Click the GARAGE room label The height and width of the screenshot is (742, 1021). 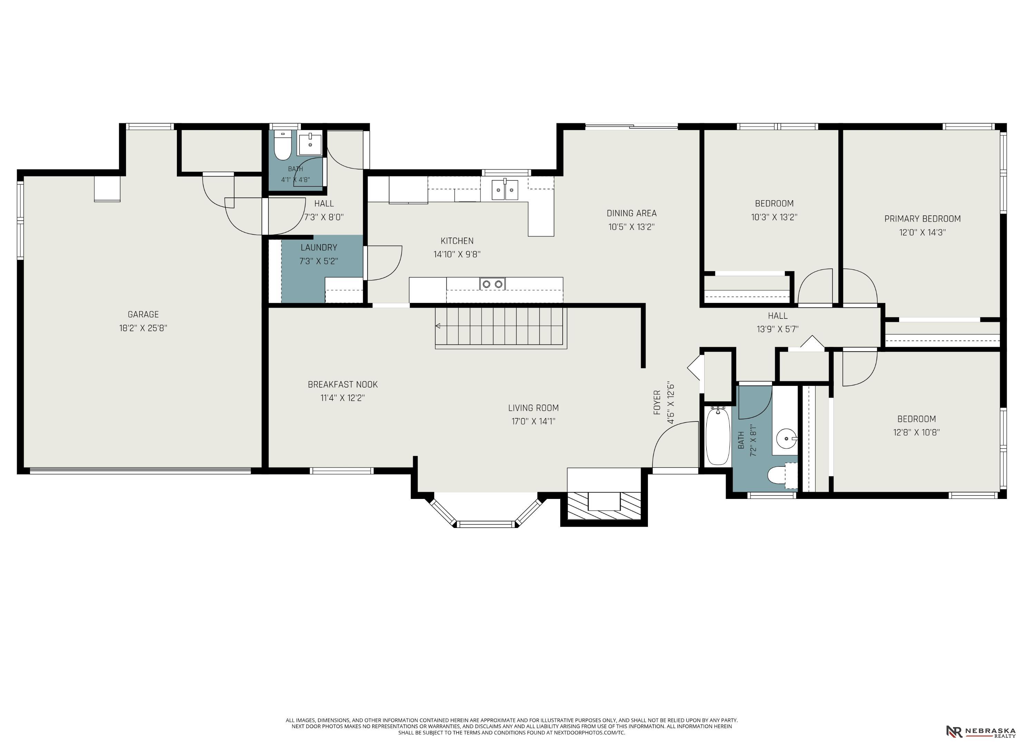coord(143,314)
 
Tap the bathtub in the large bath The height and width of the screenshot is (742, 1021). coord(718,436)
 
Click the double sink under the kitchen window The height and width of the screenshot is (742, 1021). coord(505,190)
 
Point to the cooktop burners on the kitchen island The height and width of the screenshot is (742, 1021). coord(493,284)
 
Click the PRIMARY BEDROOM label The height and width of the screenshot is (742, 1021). coord(923,219)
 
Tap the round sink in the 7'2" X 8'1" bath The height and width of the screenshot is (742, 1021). coord(786,438)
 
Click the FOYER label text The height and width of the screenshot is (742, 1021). coord(657,402)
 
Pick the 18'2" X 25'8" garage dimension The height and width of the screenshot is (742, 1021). coord(143,328)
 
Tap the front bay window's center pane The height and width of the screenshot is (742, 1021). coord(486,524)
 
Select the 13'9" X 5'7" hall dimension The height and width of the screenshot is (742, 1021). coord(777,329)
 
